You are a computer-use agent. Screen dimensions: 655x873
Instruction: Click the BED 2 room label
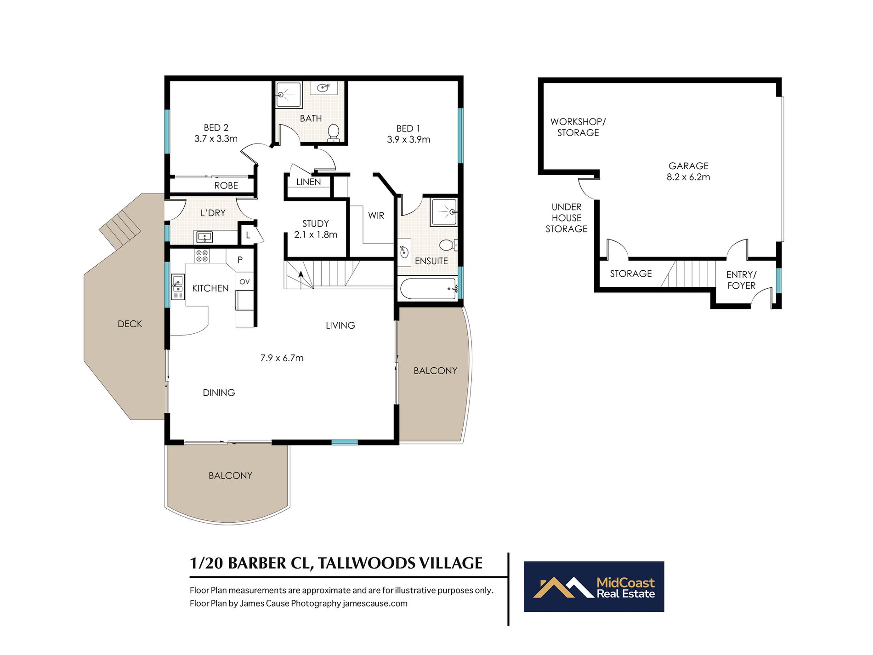216,128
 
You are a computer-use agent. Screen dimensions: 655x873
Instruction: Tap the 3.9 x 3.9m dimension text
408,140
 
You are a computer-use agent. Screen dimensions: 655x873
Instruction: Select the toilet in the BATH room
334,132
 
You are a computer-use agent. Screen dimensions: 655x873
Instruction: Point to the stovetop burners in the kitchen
202,256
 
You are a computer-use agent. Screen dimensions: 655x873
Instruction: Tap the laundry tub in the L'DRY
204,237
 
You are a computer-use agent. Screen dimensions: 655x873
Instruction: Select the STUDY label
315,224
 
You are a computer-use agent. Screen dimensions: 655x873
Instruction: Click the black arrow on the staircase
301,274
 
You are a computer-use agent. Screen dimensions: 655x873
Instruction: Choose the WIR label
376,216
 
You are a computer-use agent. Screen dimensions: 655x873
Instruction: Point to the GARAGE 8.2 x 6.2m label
688,171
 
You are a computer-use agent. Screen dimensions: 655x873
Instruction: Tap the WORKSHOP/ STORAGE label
578,127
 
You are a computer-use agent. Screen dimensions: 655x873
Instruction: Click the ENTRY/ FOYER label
741,280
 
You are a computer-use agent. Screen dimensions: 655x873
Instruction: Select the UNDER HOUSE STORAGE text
566,218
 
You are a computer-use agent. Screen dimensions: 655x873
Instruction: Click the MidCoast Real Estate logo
594,587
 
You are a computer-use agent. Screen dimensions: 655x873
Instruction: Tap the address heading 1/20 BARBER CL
336,563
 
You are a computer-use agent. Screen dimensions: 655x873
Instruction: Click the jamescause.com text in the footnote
375,604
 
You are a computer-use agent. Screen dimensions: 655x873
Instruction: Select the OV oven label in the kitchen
244,282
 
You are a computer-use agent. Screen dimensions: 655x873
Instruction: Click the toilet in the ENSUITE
448,245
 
